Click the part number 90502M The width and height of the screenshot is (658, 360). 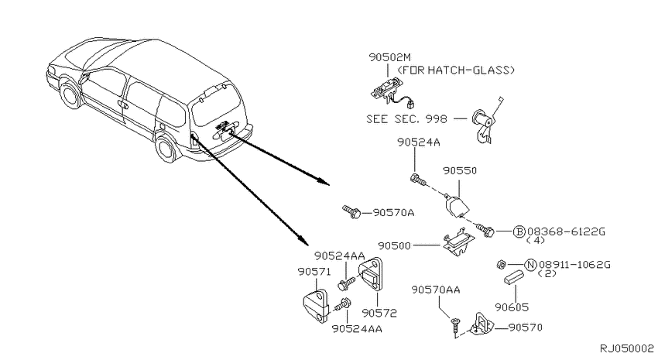click(390, 57)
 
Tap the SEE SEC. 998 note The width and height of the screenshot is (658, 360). click(406, 119)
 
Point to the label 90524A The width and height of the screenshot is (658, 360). click(418, 142)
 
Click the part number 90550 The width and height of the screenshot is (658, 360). click(460, 171)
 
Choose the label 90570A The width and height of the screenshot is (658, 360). click(393, 213)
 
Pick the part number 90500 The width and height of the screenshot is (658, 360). click(395, 245)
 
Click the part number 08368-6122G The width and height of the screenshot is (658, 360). click(566, 231)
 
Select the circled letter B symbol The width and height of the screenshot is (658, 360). click(519, 231)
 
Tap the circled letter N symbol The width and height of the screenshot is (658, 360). click(531, 265)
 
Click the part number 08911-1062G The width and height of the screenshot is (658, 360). click(574, 265)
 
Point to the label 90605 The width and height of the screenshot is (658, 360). click(512, 307)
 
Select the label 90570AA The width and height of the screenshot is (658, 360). click(436, 290)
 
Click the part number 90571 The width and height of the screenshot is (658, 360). click(314, 272)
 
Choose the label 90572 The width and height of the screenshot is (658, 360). click(379, 313)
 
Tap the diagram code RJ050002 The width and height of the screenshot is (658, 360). click(626, 348)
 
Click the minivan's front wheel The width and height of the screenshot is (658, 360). click(70, 94)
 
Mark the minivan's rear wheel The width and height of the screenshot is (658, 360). click(166, 148)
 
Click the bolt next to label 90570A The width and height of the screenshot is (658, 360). click(351, 211)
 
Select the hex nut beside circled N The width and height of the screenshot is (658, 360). click(501, 264)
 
